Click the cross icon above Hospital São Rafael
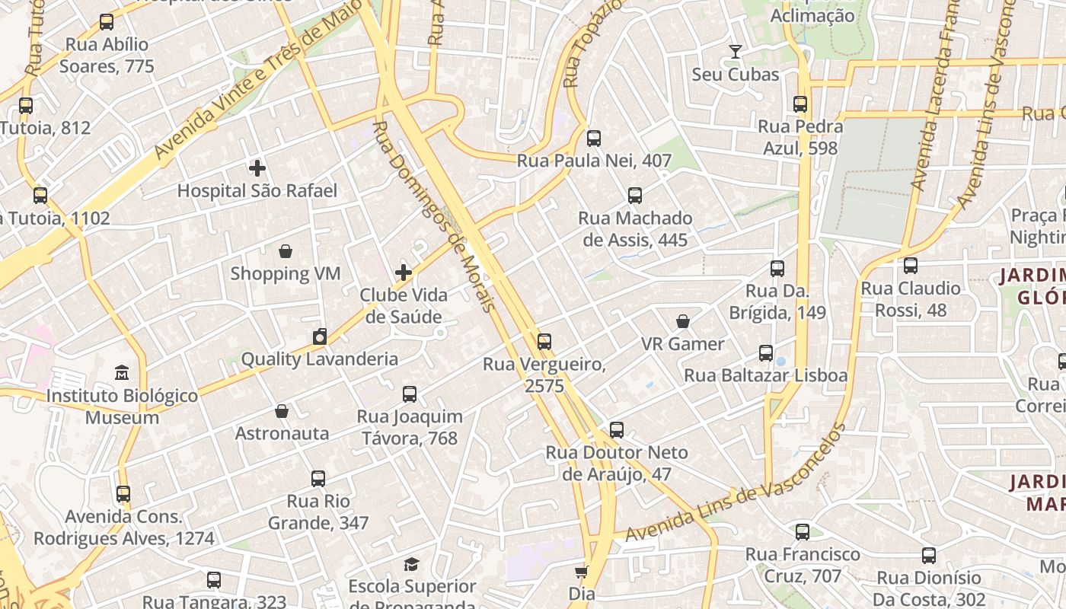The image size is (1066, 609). (257, 168)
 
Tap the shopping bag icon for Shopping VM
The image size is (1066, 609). (286, 251)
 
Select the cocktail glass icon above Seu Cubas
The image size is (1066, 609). (735, 52)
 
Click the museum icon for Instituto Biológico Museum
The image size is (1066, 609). (122, 373)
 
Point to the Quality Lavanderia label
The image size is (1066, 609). (319, 359)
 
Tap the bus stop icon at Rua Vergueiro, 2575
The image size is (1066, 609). (544, 342)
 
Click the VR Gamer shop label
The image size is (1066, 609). (682, 344)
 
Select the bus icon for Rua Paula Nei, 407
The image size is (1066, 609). (594, 139)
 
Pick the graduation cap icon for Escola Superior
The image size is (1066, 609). (411, 564)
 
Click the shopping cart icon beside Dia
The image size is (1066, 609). (582, 571)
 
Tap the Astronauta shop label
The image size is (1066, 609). (282, 433)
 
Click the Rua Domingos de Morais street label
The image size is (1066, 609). (433, 216)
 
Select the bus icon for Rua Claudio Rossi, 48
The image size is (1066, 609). (910, 266)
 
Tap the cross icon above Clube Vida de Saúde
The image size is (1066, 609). (404, 272)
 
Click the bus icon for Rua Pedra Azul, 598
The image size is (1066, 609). (800, 104)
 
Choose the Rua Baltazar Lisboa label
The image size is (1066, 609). (765, 375)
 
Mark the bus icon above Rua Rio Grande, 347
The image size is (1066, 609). (318, 479)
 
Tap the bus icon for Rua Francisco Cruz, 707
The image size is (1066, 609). (803, 532)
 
